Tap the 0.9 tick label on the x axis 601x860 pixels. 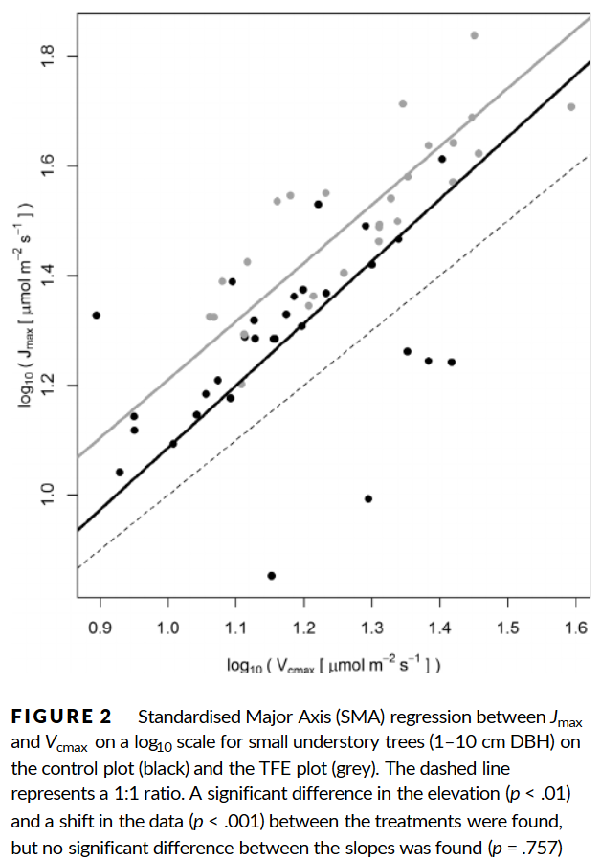tap(100, 628)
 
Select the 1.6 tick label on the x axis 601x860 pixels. tap(575, 628)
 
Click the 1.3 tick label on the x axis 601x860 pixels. tap(371, 628)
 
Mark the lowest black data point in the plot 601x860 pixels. tap(272, 575)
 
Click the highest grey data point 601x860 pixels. tap(474, 35)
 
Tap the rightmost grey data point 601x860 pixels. tap(571, 107)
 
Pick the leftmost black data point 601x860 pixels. tap(96, 315)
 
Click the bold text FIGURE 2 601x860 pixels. tap(62, 716)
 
